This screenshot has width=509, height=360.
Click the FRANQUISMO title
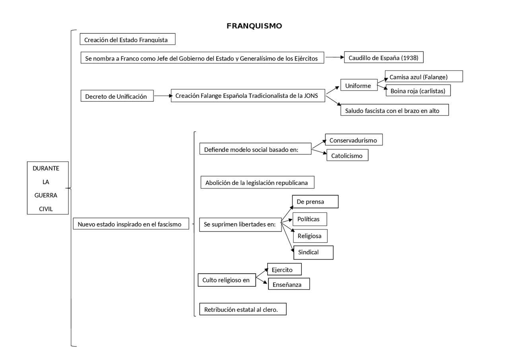pyautogui.click(x=254, y=26)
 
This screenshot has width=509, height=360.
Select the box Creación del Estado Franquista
pyautogui.click(x=128, y=39)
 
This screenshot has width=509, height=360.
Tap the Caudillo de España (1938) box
pyautogui.click(x=384, y=57)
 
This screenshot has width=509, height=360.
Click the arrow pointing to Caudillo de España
pyautogui.click(x=334, y=57)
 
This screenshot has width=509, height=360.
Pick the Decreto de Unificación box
pyautogui.click(x=117, y=96)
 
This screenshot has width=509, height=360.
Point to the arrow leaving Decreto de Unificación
pyautogui.click(x=163, y=96)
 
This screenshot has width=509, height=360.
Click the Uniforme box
pyautogui.click(x=359, y=85)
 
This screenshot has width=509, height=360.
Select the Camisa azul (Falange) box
pyautogui.click(x=424, y=76)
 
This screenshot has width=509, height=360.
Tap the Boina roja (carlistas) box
pyautogui.click(x=418, y=90)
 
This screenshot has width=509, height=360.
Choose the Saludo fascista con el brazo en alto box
pyautogui.click(x=395, y=110)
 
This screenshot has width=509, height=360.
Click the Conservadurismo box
pyautogui.click(x=354, y=140)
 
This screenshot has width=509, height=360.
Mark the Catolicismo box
pyautogui.click(x=348, y=155)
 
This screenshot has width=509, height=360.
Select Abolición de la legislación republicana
pyautogui.click(x=257, y=182)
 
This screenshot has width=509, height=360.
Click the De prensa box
pyautogui.click(x=315, y=202)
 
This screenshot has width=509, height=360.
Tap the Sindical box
pyautogui.click(x=313, y=253)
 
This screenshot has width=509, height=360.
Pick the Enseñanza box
pyautogui.click(x=289, y=284)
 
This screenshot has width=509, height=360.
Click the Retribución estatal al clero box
pyautogui.click(x=243, y=309)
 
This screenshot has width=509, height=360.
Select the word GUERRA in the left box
pyautogui.click(x=46, y=195)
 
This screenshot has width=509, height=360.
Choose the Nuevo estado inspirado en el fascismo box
pyautogui.click(x=131, y=224)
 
